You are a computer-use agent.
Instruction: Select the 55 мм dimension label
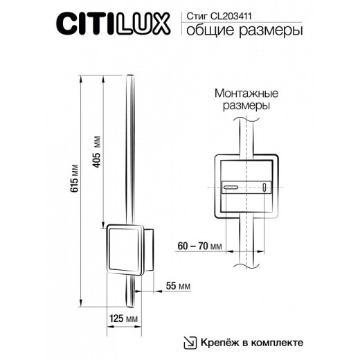179,285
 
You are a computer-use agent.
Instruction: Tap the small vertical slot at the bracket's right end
264,187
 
